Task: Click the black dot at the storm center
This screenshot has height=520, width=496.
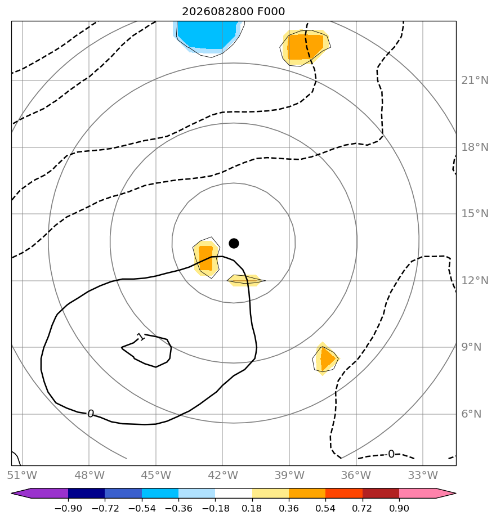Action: click(x=234, y=243)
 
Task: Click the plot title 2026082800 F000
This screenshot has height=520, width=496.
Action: click(x=233, y=12)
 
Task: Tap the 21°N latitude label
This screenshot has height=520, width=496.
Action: click(x=475, y=80)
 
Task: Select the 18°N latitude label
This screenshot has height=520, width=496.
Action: click(x=475, y=147)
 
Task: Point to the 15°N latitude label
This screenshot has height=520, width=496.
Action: click(x=475, y=214)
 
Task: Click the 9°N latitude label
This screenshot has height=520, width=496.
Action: click(x=471, y=347)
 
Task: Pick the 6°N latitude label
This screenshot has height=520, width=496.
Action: click(x=471, y=414)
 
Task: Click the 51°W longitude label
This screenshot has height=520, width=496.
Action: click(x=22, y=475)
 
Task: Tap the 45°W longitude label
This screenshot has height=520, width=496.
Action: click(x=155, y=475)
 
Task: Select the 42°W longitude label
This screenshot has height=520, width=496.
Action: click(x=222, y=475)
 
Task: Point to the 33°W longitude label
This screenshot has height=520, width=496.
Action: click(x=423, y=475)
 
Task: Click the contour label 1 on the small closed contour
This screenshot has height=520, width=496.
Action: click(x=141, y=337)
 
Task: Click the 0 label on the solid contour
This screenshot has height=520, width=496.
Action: click(x=91, y=414)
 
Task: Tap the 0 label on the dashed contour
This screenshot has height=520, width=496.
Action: click(x=391, y=454)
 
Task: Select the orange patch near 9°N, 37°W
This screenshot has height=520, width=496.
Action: click(x=326, y=358)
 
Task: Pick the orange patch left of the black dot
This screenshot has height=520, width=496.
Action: click(x=206, y=258)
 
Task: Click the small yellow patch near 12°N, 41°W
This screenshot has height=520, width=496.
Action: click(x=246, y=280)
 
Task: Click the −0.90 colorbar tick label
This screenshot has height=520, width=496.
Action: click(x=68, y=508)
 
